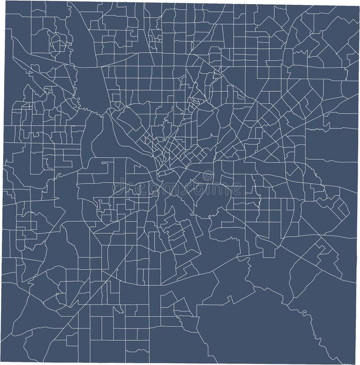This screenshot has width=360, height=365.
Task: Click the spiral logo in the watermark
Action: click(x=207, y=175)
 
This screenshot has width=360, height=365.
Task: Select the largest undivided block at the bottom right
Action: click(x=252, y=333)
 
